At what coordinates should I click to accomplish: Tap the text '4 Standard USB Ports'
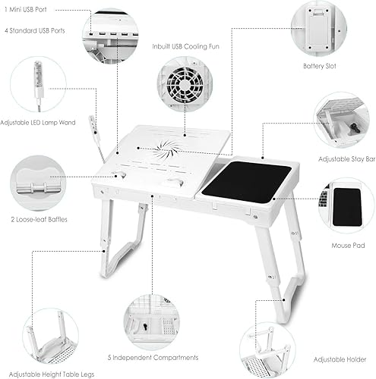(x=35, y=31)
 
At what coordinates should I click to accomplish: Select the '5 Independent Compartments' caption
(x=163, y=357)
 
